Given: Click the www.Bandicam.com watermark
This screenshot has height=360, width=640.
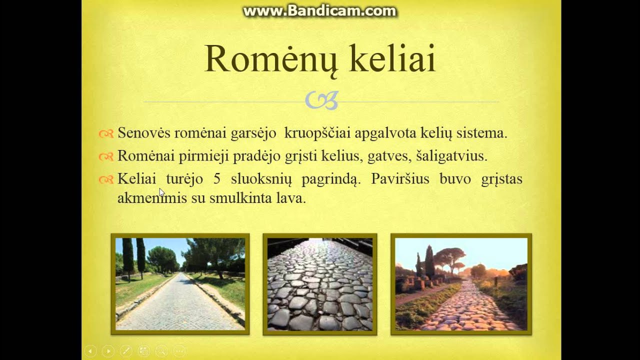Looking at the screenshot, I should point(319,11).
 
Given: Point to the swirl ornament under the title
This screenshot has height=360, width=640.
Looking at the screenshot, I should point(321,100).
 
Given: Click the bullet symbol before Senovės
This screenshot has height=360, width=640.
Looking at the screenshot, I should point(106,133).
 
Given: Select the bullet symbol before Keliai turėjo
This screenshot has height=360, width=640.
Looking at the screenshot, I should point(106,179).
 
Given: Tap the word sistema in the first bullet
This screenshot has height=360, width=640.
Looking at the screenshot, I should point(481,133).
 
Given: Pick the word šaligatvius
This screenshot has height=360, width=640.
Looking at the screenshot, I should point(451,156).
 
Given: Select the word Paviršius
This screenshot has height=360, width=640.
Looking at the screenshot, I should point(400,178).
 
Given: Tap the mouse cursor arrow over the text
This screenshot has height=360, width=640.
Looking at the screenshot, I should point(161,192).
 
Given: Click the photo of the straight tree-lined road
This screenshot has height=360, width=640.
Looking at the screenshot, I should point(180,283).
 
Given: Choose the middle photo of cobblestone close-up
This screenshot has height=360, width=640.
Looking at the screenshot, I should point(320,283).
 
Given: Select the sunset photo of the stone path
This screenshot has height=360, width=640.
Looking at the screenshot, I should point(461,283).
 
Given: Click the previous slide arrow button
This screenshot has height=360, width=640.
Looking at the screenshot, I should point(90,351).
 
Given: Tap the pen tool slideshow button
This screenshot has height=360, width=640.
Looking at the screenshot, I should point(125,351).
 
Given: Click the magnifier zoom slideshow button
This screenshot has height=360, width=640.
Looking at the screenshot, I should point(161,351).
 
